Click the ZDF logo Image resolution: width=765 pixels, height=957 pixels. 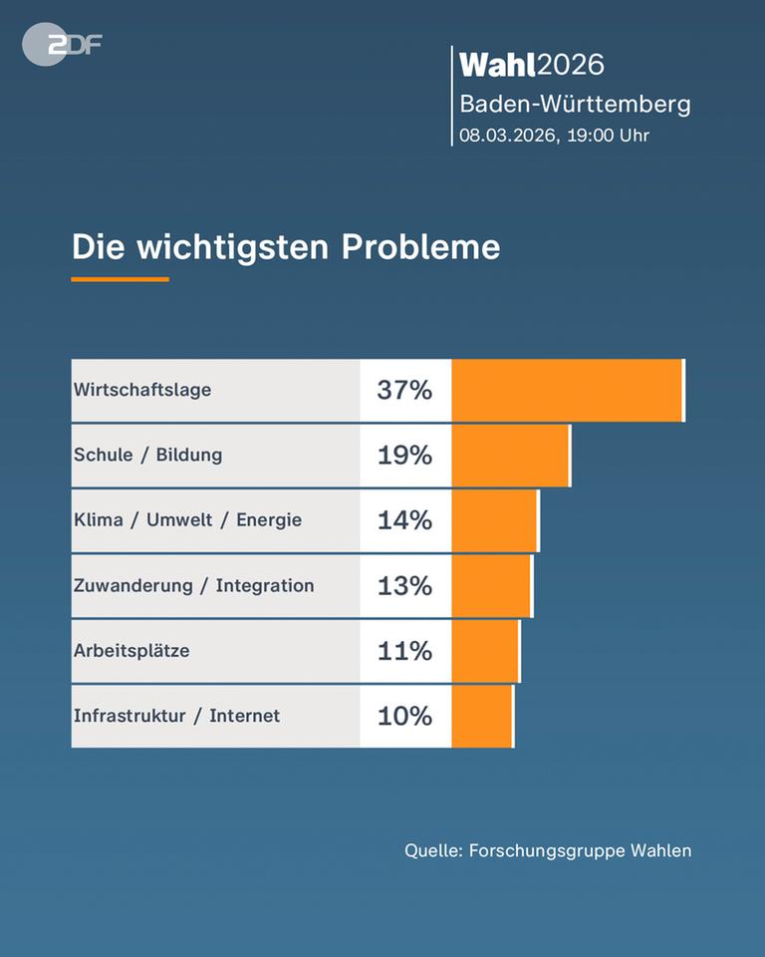pyautogui.click(x=62, y=45)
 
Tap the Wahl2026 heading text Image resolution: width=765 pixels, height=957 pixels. pyautogui.click(x=531, y=65)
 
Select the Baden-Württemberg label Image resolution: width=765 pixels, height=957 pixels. pyautogui.click(x=574, y=104)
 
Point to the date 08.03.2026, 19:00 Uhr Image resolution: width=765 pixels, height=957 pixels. pyautogui.click(x=554, y=135)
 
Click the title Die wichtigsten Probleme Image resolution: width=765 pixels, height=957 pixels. pyautogui.click(x=285, y=246)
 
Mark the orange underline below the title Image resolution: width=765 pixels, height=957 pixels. pyautogui.click(x=120, y=279)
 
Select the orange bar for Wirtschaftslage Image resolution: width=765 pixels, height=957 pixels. pyautogui.click(x=567, y=390)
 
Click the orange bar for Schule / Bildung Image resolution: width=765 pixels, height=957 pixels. pyautogui.click(x=510, y=456)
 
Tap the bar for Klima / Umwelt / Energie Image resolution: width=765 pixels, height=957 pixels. pyautogui.click(x=494, y=520)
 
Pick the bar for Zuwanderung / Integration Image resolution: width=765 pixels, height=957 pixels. pyautogui.click(x=491, y=586)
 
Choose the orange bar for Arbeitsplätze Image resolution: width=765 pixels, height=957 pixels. pyautogui.click(x=485, y=651)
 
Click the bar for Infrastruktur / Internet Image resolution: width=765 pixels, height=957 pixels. pyautogui.click(x=482, y=716)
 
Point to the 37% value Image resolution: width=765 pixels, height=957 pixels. pyautogui.click(x=404, y=390)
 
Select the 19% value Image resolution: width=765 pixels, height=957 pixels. pyautogui.click(x=404, y=456)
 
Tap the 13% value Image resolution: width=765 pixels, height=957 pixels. pyautogui.click(x=404, y=586)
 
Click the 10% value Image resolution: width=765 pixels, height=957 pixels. pyautogui.click(x=404, y=716)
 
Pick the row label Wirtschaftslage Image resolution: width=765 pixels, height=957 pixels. pyautogui.click(x=142, y=390)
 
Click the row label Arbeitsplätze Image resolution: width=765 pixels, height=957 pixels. pyautogui.click(x=131, y=651)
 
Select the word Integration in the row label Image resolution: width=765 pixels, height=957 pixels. pyautogui.click(x=264, y=586)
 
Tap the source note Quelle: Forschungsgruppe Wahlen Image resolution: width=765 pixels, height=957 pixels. pyautogui.click(x=547, y=850)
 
